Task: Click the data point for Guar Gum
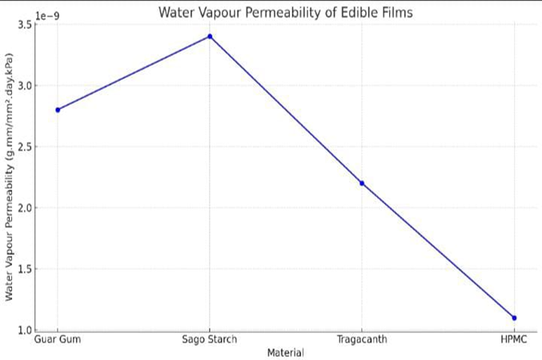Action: [x=58, y=110]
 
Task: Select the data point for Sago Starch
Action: [x=210, y=36]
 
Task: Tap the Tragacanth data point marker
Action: [x=362, y=183]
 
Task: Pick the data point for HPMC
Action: [x=514, y=318]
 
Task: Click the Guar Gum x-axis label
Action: [x=58, y=340]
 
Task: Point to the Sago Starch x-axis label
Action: [x=210, y=340]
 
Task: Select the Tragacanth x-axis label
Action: [x=362, y=340]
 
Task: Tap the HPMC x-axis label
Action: [x=514, y=340]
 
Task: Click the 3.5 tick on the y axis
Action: [x=24, y=25]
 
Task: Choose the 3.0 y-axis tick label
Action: [x=24, y=86]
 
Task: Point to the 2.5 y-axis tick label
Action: [x=24, y=147]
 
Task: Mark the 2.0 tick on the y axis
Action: [x=24, y=208]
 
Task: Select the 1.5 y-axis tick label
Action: [x=24, y=270]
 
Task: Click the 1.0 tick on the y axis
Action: [x=24, y=330]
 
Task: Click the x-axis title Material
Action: [x=285, y=352]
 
